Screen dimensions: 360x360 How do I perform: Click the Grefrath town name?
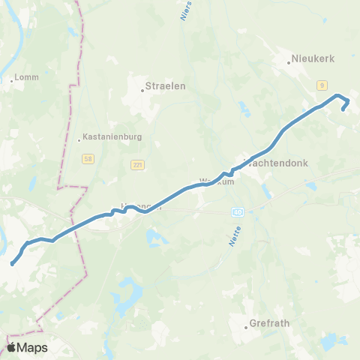271,326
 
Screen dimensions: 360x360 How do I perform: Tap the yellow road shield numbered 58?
88,159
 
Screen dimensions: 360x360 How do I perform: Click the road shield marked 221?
137,164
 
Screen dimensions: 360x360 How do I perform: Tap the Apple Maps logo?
26,347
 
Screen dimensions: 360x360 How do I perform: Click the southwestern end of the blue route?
12,264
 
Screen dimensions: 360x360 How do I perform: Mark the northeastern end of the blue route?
344,109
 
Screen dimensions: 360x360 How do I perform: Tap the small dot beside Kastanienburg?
79,139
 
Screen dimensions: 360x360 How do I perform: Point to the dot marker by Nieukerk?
289,63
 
